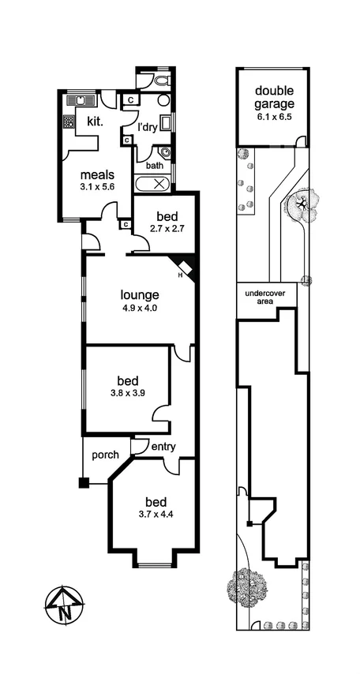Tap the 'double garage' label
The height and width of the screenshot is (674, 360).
click(x=274, y=96)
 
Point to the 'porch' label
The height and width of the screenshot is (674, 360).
click(x=105, y=455)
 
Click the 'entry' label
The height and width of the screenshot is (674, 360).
click(x=163, y=447)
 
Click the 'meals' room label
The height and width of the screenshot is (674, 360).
click(x=97, y=174)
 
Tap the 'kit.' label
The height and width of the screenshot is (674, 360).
click(x=96, y=122)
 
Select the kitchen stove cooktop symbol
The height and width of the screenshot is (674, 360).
click(x=69, y=122)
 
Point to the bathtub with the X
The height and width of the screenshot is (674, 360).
click(x=154, y=184)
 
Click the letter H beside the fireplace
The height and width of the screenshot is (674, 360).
click(x=180, y=275)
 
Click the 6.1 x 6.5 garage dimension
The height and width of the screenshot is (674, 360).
click(x=274, y=117)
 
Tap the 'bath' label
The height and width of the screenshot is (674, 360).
click(x=155, y=166)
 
